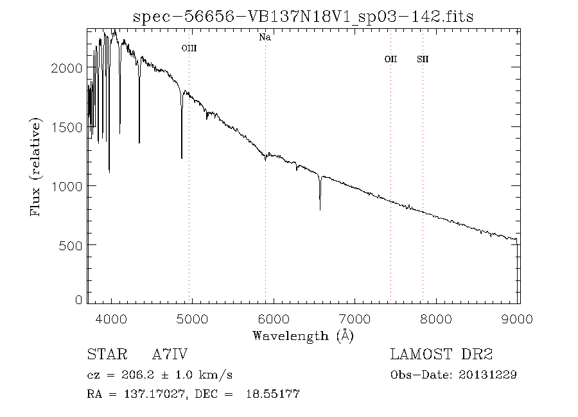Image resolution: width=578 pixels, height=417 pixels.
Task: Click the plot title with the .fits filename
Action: (302, 16)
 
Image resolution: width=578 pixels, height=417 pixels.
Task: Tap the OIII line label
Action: (189, 47)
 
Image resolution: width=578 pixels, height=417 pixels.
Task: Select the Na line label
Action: (265, 37)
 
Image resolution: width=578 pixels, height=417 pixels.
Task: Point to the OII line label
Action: (390, 59)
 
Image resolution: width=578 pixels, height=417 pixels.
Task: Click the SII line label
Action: (423, 59)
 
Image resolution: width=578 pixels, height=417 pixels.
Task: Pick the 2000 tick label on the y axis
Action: (66, 68)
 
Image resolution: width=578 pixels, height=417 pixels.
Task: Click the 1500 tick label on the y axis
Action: (66, 127)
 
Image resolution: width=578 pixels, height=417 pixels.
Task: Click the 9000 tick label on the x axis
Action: (519, 319)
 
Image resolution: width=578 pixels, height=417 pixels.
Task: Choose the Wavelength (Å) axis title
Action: (303, 335)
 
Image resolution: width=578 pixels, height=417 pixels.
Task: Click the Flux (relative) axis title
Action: (36, 167)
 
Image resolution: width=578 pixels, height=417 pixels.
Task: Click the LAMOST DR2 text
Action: (441, 354)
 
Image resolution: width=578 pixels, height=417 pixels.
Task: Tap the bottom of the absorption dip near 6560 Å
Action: (320, 208)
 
